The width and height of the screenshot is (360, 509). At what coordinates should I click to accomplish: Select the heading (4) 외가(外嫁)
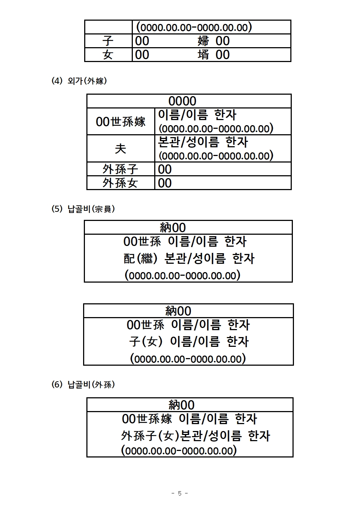pos(79,81)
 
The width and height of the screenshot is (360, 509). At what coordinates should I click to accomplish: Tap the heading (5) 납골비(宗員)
pos(83,209)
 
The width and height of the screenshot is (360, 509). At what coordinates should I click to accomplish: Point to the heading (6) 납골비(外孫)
pos(83,384)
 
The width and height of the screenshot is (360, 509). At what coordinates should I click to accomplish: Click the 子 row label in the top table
pos(108,41)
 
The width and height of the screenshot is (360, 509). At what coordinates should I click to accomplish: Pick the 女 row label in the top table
pos(108,54)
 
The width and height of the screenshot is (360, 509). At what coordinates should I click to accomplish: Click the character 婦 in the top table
pos(203,41)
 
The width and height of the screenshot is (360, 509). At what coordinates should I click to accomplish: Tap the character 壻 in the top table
pos(203,54)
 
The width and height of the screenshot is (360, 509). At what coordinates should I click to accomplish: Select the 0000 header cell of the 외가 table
pos(182,101)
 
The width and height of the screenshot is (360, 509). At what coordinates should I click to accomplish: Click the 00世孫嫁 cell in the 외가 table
pos(121,122)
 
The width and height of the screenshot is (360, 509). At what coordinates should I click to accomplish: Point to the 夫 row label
pos(120,149)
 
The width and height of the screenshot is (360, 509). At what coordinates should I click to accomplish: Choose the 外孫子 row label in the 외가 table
pos(120,169)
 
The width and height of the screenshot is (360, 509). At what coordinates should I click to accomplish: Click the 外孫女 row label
pos(120,183)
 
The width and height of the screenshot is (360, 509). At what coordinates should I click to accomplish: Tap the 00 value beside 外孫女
pos(165,183)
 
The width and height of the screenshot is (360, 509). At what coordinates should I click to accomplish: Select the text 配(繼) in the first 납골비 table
pos(140,258)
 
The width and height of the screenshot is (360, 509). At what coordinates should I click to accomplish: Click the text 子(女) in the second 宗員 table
pos(146,341)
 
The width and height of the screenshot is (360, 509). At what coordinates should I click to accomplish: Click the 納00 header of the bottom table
pos(181,405)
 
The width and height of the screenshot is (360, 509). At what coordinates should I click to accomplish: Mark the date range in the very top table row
pos(194,27)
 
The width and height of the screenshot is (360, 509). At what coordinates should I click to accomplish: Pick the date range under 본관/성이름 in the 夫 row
pos(216,156)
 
